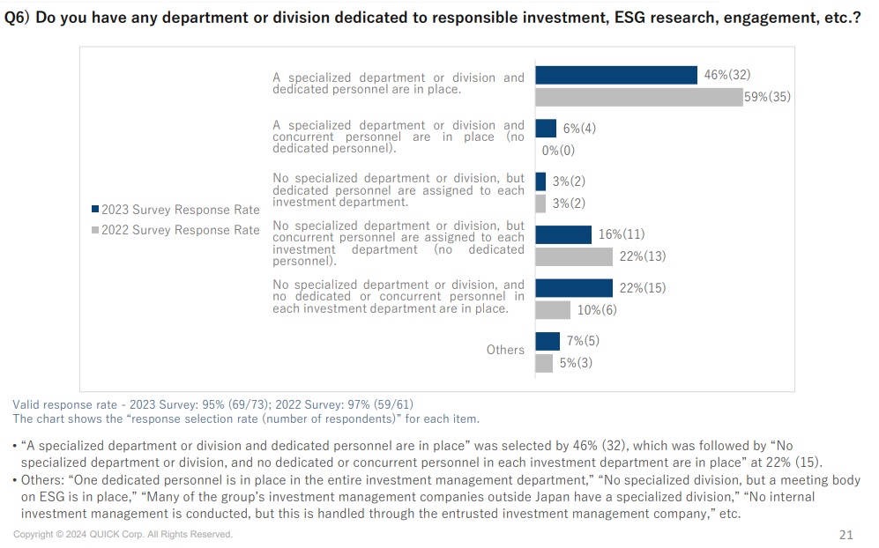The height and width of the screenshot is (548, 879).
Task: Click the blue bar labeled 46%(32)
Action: tap(616, 76)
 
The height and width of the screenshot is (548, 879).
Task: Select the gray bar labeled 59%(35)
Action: tap(638, 97)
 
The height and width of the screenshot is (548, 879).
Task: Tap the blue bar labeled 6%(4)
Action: tap(546, 129)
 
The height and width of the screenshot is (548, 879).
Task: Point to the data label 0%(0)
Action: tap(558, 151)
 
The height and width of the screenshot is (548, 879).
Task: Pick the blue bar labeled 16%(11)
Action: tap(563, 234)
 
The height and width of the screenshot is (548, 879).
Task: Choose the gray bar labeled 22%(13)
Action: tap(573, 256)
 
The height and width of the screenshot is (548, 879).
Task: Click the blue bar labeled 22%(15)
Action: tap(573, 288)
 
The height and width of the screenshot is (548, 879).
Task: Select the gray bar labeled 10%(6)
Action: tap(553, 310)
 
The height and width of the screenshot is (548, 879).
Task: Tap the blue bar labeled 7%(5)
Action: tap(548, 341)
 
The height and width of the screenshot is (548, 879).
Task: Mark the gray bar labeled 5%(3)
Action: tap(544, 363)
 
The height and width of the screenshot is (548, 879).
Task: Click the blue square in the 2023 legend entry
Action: tap(95, 210)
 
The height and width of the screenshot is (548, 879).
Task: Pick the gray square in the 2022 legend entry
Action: tap(95, 230)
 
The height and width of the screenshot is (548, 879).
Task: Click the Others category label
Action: tap(505, 350)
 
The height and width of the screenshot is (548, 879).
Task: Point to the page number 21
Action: tap(845, 535)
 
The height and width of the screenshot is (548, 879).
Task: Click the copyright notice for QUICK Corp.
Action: tap(123, 535)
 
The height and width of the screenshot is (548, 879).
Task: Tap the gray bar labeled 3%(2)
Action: tap(540, 204)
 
